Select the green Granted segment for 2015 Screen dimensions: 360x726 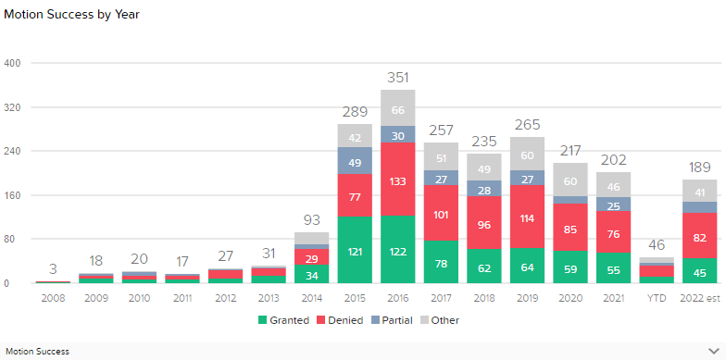[x=355, y=250]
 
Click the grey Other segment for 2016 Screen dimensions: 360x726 [x=397, y=108]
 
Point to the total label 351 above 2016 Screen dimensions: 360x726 [x=397, y=78]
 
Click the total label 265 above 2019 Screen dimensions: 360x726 [x=527, y=125]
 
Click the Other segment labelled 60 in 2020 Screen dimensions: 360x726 [x=570, y=180]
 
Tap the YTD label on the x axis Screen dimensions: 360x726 [x=657, y=298]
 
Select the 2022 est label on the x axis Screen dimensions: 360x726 [x=699, y=298]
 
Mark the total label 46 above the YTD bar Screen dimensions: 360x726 [x=657, y=245]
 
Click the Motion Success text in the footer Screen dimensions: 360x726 [x=38, y=352]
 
